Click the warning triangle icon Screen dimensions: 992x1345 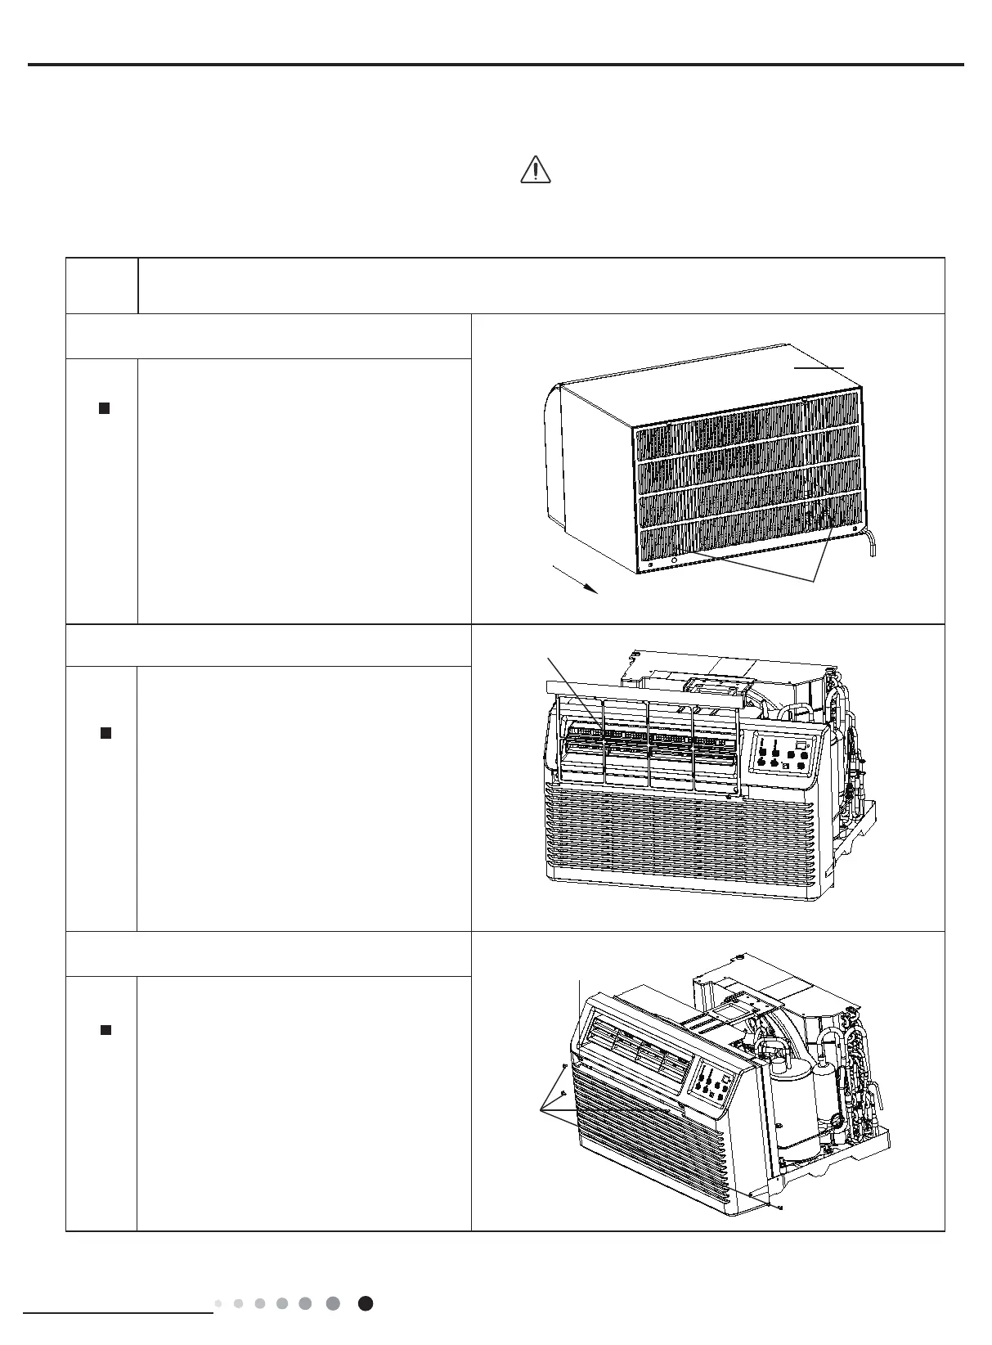(x=535, y=169)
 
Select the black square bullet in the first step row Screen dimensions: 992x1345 (x=104, y=407)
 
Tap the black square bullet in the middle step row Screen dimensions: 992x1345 (x=105, y=733)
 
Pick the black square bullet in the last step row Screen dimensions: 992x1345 (x=105, y=1030)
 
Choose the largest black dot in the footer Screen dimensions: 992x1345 (x=366, y=1303)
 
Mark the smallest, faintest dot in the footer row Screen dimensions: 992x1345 (x=218, y=1303)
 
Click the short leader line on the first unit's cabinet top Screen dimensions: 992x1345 (x=819, y=368)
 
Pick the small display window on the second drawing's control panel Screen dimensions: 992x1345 (x=801, y=744)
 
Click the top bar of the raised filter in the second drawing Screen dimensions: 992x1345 (x=646, y=697)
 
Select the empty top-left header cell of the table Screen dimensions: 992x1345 (x=101, y=286)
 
